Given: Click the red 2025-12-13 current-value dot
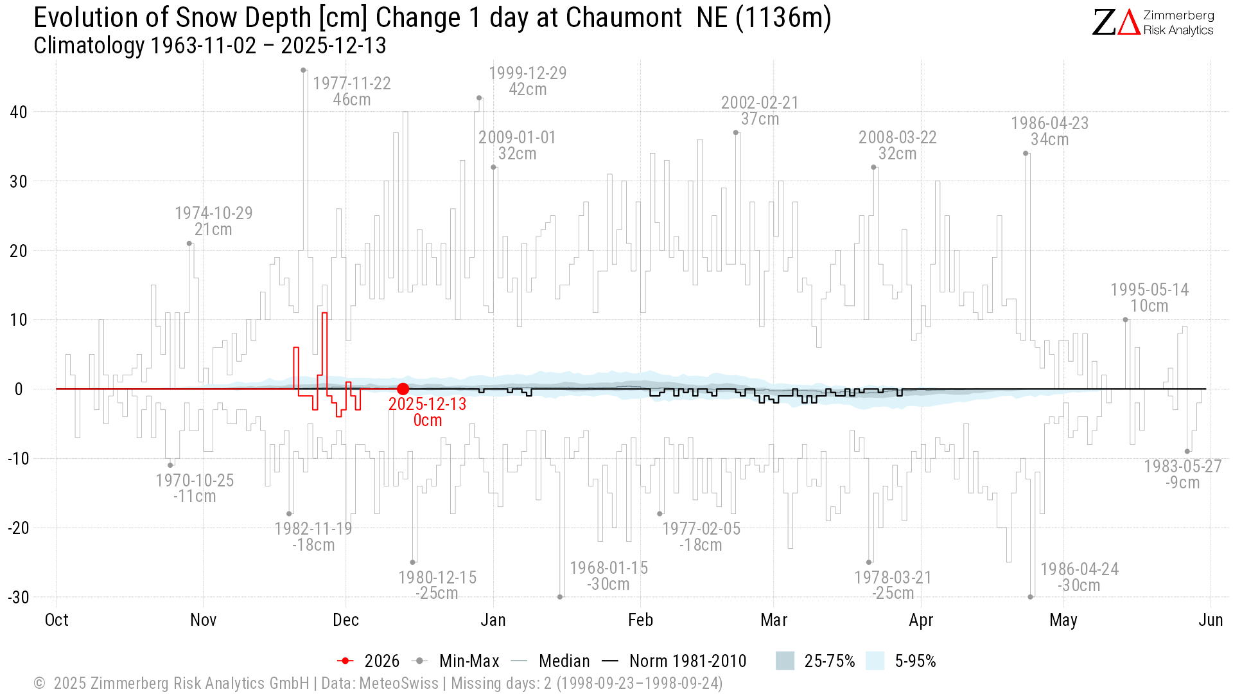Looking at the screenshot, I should coord(403,389).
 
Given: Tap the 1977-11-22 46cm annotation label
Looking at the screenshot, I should coord(352,91).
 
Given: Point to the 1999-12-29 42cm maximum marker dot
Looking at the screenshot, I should coord(479,98).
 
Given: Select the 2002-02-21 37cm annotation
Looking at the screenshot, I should coord(760,111).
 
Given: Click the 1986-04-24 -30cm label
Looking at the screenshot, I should coord(1080,577).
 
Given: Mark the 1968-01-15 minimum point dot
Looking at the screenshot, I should coord(560,597).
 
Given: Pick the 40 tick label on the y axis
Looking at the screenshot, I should coord(19,112).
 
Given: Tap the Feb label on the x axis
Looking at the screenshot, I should coord(640,620).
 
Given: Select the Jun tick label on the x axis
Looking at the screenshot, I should coord(1211,620).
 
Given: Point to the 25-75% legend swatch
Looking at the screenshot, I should coord(785,661).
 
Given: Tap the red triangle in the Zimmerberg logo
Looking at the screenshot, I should coord(1128,22).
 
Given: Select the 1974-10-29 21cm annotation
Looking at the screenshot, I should coord(214,221).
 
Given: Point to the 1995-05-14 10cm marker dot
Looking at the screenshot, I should coord(1125,319).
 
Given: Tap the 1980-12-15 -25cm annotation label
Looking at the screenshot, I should coord(437,585).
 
